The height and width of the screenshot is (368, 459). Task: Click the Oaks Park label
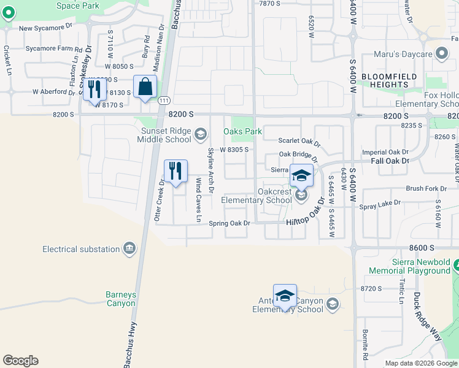242,131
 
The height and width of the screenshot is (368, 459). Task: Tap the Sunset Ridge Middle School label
158,134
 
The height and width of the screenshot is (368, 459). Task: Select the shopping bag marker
145,87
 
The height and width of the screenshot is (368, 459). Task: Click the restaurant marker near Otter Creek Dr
175,172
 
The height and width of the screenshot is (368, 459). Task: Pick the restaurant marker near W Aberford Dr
94,89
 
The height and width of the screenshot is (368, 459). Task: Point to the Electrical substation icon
129,248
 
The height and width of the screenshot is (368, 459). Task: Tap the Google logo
20,361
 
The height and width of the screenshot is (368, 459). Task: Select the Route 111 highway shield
163,100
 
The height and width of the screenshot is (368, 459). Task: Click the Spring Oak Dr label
230,223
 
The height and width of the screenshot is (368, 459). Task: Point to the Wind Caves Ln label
198,199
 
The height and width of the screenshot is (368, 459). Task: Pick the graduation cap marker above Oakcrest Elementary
301,175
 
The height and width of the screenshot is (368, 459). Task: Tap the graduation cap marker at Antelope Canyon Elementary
285,296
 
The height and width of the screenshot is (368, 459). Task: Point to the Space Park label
77,6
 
